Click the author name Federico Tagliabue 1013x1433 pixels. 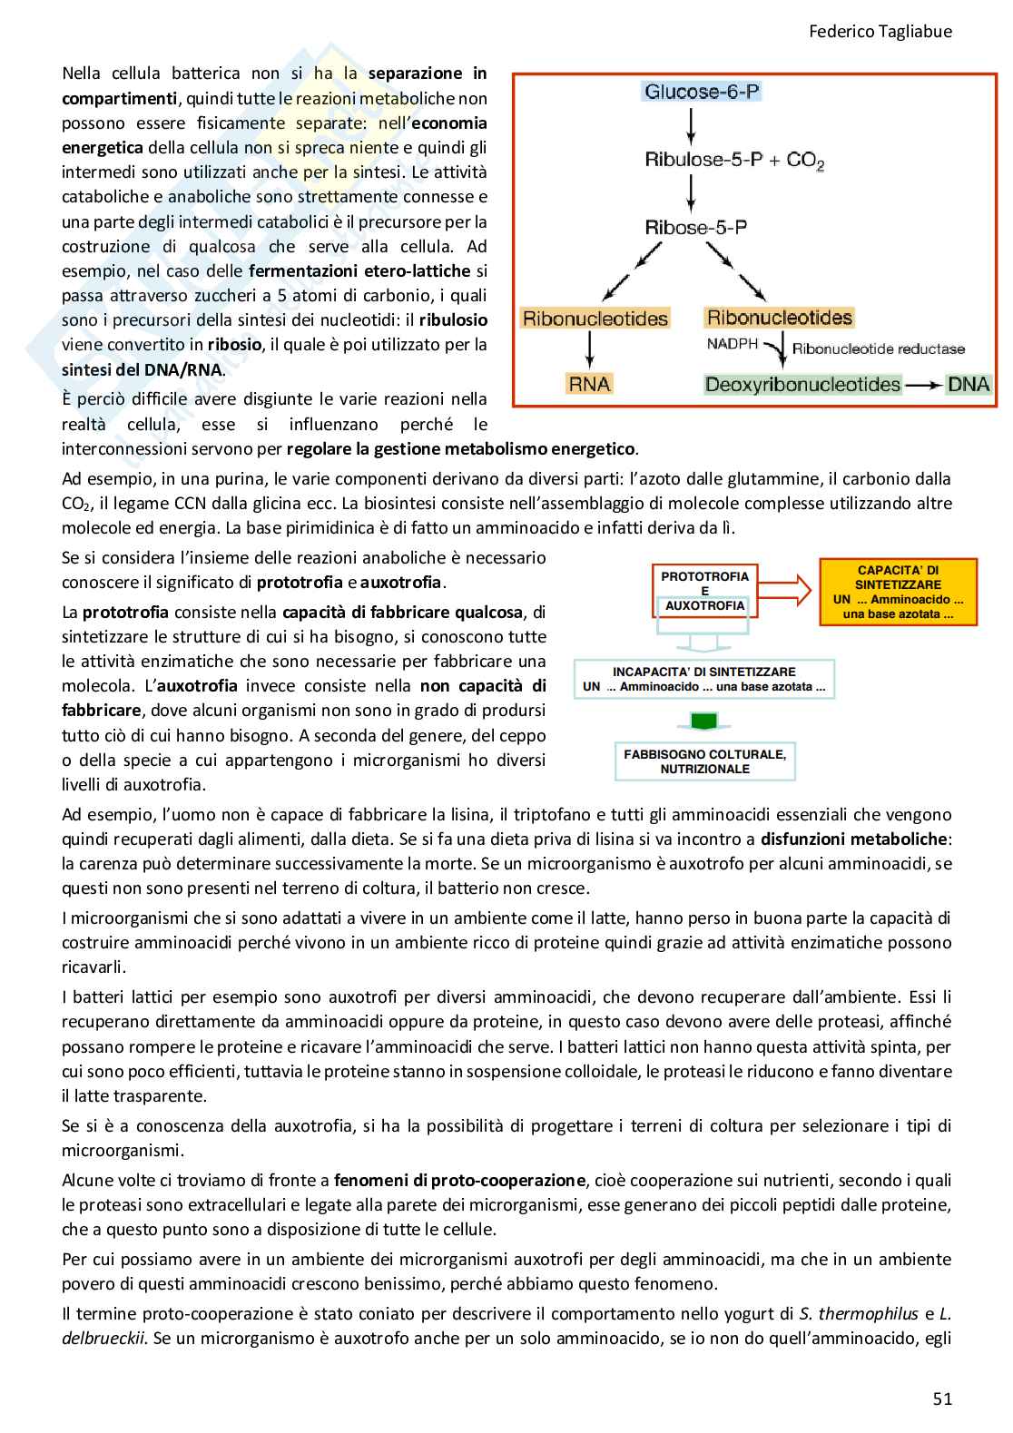click(x=880, y=31)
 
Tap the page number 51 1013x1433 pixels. click(x=942, y=1399)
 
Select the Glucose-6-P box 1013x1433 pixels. click(x=701, y=92)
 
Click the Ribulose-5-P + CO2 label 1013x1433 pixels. click(x=733, y=161)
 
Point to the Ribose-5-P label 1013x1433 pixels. click(x=696, y=227)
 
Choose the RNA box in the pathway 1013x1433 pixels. click(x=589, y=384)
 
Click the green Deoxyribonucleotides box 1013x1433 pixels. click(x=802, y=384)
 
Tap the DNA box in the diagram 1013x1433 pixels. click(x=969, y=384)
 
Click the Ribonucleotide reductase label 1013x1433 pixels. click(x=878, y=348)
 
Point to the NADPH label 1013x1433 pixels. click(x=733, y=343)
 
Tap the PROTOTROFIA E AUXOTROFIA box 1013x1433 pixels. click(x=704, y=591)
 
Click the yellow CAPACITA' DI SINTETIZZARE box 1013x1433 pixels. click(x=898, y=592)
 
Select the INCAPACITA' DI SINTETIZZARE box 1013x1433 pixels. click(x=704, y=680)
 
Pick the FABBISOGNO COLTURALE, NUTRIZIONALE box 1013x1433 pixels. click(x=704, y=761)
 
